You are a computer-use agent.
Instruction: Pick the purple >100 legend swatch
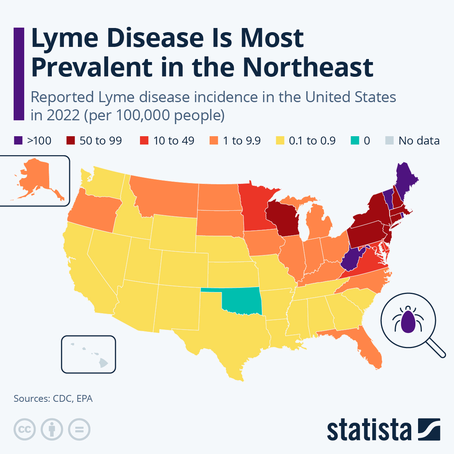coord(18,141)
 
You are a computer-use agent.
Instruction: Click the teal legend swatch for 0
coord(354,141)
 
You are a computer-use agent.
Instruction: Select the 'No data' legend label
coord(419,141)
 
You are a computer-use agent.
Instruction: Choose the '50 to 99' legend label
coord(101,141)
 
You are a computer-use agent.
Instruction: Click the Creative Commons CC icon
coord(25,429)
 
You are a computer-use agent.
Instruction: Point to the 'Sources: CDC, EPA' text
coord(53,398)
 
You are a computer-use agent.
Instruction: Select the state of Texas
coord(227,333)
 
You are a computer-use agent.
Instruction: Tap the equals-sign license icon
coord(79,429)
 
